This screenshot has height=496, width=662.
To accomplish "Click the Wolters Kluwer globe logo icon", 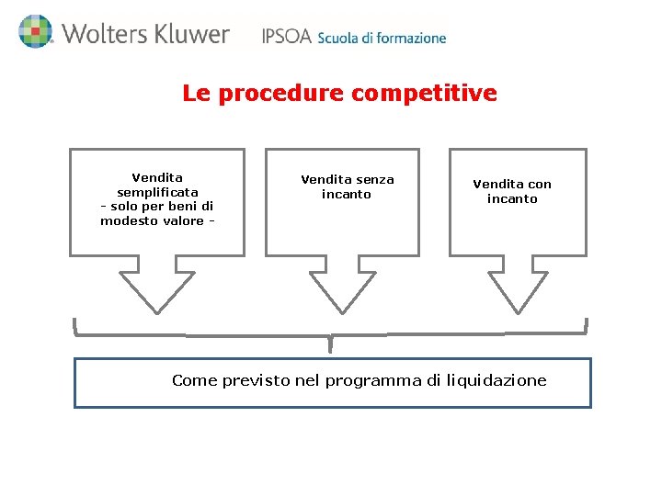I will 35,32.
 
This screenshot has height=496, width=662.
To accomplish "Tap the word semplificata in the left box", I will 157,192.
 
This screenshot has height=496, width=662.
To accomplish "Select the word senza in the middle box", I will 374,179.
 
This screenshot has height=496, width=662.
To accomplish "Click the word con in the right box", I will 539,185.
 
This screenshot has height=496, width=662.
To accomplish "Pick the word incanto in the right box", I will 512,199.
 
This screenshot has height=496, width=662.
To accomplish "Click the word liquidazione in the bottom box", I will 496,380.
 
